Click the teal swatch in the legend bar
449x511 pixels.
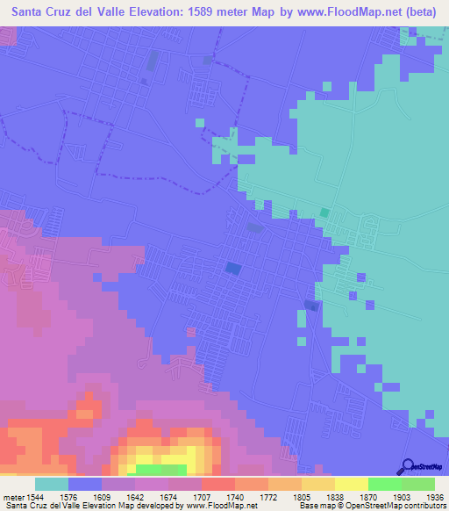click(x=52, y=484)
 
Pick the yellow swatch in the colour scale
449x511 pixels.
click(x=351, y=484)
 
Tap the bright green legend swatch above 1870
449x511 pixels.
click(x=384, y=484)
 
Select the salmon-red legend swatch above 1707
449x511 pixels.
click(x=217, y=484)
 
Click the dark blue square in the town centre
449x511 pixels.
click(x=233, y=267)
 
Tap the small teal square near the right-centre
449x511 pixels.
click(x=324, y=212)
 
